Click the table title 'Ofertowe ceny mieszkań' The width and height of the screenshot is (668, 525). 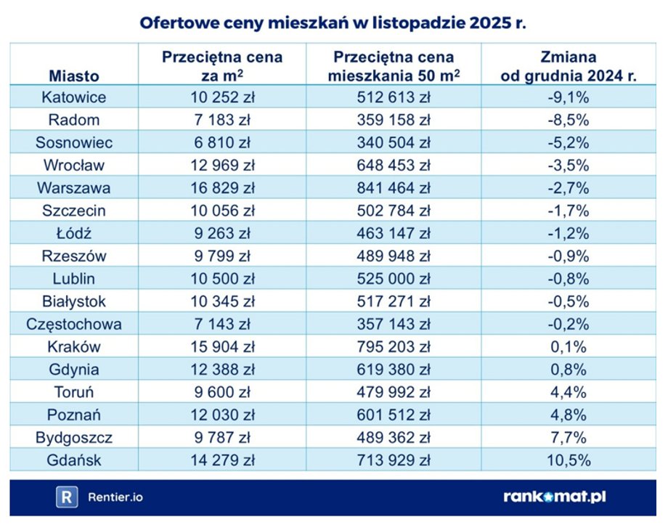333,23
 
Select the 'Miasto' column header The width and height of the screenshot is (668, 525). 73,75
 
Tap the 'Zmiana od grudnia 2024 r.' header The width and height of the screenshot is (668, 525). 569,66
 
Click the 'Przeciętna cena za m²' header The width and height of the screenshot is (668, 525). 221,66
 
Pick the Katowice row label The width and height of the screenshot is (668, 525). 73,97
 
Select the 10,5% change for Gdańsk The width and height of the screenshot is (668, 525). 569,460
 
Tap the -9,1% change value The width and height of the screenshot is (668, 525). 569,97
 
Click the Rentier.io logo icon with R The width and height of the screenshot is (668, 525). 67,497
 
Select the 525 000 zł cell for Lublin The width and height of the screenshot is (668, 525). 393,279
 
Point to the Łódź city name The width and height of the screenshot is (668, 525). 73,234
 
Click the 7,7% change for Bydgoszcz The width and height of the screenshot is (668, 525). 569,437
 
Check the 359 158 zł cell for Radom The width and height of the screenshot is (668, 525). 393,121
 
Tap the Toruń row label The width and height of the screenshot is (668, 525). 73,392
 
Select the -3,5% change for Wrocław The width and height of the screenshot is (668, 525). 569,166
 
